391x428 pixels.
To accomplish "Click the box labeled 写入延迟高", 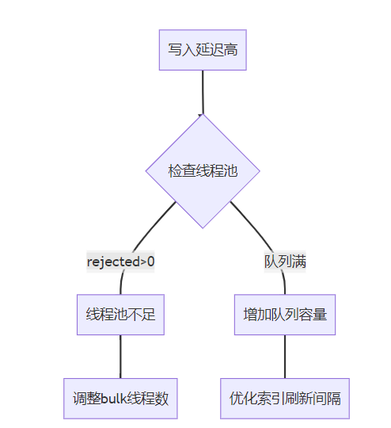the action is (x=203, y=50).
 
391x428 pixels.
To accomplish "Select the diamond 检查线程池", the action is (x=203, y=171).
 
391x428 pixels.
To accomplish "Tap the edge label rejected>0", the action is (x=120, y=262).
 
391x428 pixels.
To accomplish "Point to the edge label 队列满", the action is (x=285, y=262).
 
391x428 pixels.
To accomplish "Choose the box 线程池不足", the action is (x=120, y=315).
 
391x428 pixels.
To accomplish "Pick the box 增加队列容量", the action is (x=285, y=315).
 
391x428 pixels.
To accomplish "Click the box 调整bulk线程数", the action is (x=120, y=399).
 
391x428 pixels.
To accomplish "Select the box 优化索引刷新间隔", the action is (x=285, y=399).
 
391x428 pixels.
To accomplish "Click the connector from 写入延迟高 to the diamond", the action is (x=203, y=92).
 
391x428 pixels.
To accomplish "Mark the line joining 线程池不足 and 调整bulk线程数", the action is (x=120, y=357).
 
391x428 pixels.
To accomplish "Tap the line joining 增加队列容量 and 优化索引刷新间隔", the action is (x=285, y=357).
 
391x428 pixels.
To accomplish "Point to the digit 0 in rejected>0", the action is (x=151, y=262).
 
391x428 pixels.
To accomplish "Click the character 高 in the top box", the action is (x=230, y=50).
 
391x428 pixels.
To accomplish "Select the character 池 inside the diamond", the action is (x=230, y=171).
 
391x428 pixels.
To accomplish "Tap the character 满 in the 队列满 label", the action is (x=299, y=262).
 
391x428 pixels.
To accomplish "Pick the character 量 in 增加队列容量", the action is (x=320, y=315).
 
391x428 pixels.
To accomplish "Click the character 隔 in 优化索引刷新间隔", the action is (x=334, y=399).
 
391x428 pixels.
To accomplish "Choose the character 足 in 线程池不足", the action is (x=148, y=315).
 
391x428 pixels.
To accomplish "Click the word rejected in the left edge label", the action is (x=113, y=262).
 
